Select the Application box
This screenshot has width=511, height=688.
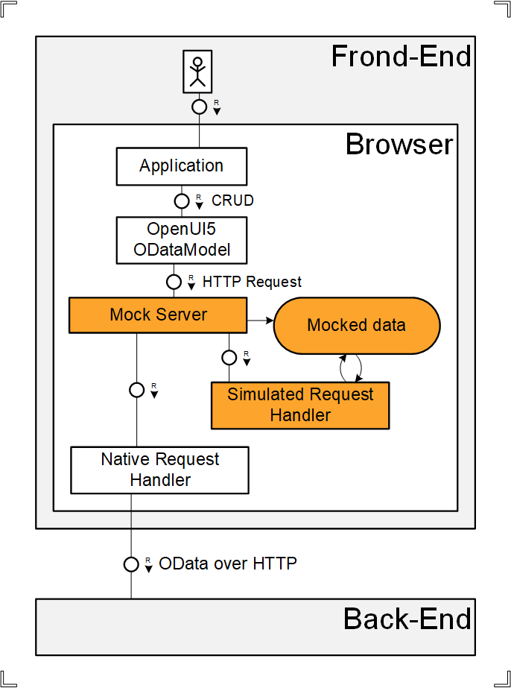point(181,165)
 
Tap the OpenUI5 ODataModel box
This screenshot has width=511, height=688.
point(181,240)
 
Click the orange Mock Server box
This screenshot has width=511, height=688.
point(158,315)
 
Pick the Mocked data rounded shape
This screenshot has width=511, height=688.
point(356,325)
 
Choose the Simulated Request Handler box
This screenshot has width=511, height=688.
point(300,405)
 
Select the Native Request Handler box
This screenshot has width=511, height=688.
point(159,470)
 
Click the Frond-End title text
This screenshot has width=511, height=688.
point(401,57)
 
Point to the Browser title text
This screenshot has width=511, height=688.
point(399,144)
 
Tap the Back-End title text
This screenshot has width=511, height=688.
point(407,619)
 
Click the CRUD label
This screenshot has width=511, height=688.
point(232,201)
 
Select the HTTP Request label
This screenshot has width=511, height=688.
point(252,282)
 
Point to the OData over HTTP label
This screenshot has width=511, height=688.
point(228,564)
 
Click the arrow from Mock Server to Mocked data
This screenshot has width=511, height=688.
point(260,321)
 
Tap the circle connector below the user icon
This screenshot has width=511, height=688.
point(199,107)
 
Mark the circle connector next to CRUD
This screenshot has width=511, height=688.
point(181,201)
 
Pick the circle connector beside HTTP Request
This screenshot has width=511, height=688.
point(174,282)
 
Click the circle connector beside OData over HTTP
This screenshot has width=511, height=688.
point(131,564)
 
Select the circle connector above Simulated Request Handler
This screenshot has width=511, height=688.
point(229,357)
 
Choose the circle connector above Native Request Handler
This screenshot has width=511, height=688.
point(136,389)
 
